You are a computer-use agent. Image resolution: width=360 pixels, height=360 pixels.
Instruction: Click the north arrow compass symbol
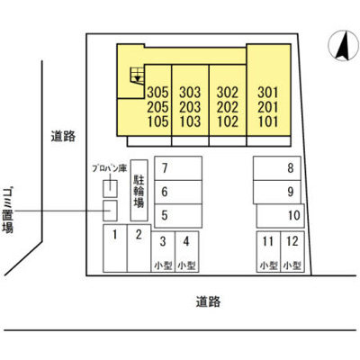pos(344,46)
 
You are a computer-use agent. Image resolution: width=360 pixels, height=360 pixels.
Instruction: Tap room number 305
pos(158,93)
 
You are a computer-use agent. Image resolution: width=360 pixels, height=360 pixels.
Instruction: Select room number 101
pos(268,121)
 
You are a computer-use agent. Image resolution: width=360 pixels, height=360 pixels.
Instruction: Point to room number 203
pos(190,107)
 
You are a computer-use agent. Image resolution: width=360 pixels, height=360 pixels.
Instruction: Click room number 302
pos(228,93)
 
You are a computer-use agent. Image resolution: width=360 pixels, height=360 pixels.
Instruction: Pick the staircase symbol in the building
pos(137,76)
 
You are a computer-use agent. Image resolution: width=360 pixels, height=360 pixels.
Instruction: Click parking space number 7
pos(178,168)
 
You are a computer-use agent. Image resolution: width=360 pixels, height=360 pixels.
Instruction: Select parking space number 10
pos(281,215)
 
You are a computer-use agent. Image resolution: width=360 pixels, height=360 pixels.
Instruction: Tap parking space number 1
pos(115,248)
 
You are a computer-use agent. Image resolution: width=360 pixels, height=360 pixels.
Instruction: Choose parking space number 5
pos(178,215)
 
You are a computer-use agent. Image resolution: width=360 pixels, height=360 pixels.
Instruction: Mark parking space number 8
pos(277,168)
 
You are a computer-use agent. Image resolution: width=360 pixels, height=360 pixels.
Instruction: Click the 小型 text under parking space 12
pos(292,265)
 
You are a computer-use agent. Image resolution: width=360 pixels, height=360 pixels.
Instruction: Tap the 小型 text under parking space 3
pos(163,265)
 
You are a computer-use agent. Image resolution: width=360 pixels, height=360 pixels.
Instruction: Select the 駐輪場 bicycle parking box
pos(139,190)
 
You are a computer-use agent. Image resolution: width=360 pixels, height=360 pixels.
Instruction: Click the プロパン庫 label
pos(110,168)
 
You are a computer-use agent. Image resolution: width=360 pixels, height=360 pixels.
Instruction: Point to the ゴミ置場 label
pos(8,210)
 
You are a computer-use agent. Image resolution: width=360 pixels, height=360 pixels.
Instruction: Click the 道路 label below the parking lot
pos(208,301)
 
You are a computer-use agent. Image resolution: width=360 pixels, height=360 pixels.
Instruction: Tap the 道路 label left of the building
pos(63,137)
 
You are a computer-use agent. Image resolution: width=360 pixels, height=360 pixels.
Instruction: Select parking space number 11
pos(268,252)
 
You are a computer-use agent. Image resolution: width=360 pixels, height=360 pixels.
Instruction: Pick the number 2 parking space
pos(139,248)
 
